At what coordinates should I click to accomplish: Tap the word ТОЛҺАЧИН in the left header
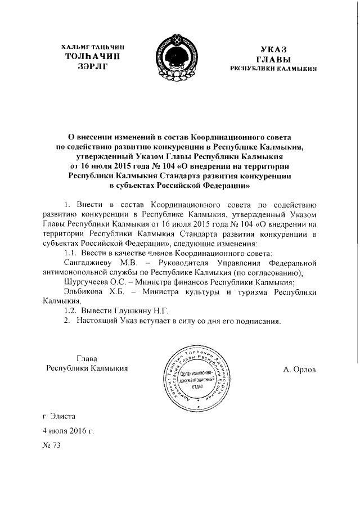tap(92, 56)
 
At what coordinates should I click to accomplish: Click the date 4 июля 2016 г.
tap(67, 430)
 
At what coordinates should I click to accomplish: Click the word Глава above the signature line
tap(87, 358)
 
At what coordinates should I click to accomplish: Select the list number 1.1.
tap(71, 254)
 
